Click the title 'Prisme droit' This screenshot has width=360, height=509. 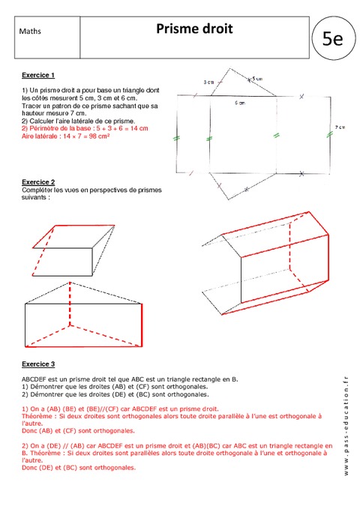194,29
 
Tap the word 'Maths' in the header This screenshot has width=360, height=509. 30,32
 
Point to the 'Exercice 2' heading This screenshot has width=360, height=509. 37,182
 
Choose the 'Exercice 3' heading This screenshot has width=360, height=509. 37,364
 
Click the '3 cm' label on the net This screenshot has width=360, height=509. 209,82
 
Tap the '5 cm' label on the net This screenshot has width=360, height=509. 257,79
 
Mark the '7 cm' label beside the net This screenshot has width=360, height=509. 340,127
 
